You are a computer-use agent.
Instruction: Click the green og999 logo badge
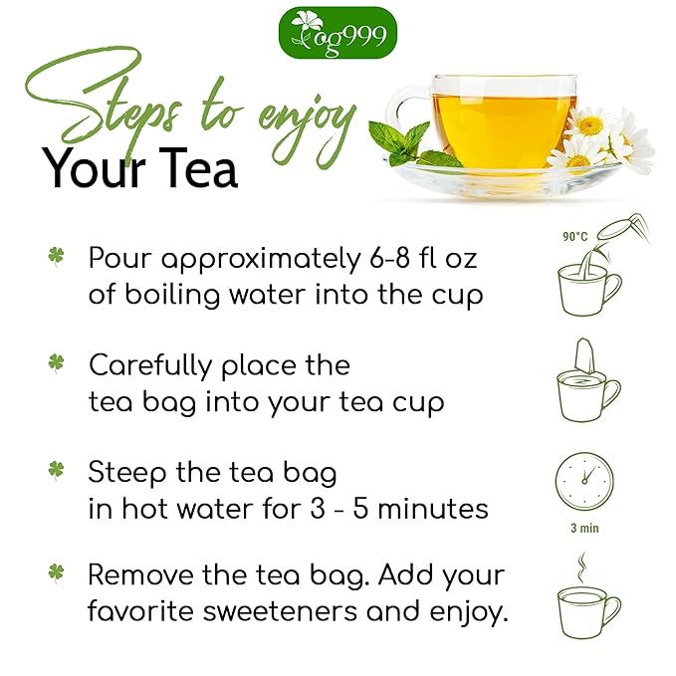point(338,32)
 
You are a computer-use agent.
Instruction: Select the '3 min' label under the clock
point(584,528)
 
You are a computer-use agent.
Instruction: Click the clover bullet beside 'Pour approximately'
point(56,257)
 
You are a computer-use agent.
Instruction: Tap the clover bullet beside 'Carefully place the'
point(56,363)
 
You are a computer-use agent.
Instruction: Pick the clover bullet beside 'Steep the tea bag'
point(56,470)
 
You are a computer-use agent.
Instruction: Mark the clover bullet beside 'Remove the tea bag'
point(56,574)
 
